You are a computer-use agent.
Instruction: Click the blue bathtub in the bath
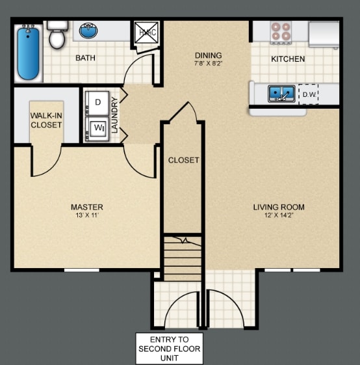29,52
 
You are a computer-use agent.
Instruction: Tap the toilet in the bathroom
58,36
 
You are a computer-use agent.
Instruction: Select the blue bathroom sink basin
90,30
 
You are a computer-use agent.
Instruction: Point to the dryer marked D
97,102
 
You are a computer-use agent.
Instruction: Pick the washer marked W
98,128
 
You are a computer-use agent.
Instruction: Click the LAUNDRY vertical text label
115,115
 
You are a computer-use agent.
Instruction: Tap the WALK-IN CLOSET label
46,120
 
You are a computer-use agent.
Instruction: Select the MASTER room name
87,208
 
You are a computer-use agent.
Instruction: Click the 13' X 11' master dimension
87,215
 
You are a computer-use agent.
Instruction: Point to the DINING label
208,55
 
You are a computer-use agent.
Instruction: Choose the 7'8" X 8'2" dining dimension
208,64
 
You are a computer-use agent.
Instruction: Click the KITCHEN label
287,59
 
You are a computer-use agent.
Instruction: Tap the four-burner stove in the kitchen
281,32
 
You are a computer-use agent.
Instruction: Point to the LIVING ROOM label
279,208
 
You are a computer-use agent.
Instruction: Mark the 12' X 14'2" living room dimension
279,215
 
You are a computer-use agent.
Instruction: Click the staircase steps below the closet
183,259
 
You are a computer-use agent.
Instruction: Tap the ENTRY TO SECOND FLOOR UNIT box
169,349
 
